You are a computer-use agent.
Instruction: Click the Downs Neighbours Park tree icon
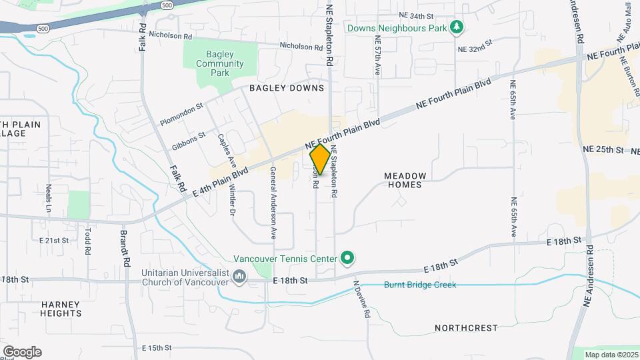[456, 27]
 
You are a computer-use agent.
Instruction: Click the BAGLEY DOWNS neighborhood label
[287, 88]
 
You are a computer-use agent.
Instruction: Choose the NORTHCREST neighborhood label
[466, 328]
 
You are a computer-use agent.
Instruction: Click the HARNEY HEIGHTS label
[61, 309]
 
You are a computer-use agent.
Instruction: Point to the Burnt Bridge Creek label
[420, 285]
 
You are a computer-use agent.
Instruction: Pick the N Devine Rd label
[361, 298]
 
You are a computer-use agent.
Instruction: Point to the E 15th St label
[157, 348]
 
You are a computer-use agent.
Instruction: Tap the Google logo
[22, 351]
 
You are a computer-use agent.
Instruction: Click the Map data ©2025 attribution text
[611, 355]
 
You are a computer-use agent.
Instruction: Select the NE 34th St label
[416, 15]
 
